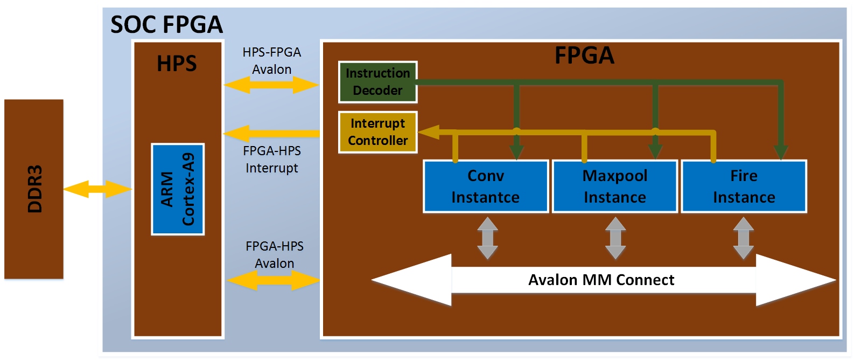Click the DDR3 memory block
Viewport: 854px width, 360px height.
(x=34, y=189)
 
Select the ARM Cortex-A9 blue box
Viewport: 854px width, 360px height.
(x=178, y=189)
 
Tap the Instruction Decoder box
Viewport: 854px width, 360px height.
(x=377, y=82)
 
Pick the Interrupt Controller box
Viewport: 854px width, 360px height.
(x=377, y=132)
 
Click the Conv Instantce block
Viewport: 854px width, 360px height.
(x=486, y=186)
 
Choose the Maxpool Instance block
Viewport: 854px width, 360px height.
(x=615, y=186)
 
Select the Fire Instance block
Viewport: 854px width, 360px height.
(x=744, y=186)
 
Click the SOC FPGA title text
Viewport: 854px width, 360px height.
(x=166, y=25)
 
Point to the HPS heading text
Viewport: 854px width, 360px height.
(x=177, y=64)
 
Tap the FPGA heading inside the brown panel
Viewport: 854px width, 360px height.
(x=584, y=56)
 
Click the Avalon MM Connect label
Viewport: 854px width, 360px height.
(x=601, y=280)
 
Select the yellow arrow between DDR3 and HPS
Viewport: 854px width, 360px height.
(x=97, y=189)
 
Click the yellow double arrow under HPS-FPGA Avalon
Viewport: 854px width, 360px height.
(x=271, y=85)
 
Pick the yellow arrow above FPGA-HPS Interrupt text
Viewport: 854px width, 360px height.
(x=271, y=133)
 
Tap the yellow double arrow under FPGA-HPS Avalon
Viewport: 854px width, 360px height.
(x=273, y=280)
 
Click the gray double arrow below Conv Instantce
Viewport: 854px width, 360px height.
(x=487, y=238)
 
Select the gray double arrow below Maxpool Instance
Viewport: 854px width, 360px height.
(x=615, y=238)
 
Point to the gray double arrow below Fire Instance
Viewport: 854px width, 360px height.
(x=743, y=238)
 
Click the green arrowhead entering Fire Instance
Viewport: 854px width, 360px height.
(x=781, y=152)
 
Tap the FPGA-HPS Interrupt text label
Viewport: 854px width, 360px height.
(x=272, y=160)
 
